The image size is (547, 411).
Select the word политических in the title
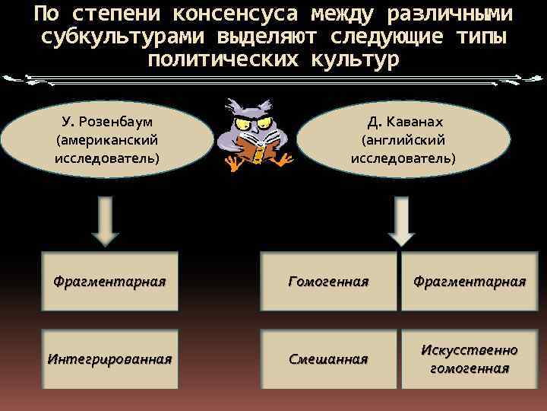tap(224, 59)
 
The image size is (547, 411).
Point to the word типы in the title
tap(478, 37)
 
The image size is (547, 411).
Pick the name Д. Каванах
tap(404, 123)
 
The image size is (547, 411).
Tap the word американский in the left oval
tap(107, 141)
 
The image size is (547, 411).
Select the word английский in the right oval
tap(403, 140)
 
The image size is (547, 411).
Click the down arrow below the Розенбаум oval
tap(107, 220)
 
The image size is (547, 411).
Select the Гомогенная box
tap(328, 282)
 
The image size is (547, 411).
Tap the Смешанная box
tap(328, 358)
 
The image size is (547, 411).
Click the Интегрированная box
tap(109, 358)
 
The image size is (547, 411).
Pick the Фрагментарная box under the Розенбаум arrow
tap(109, 282)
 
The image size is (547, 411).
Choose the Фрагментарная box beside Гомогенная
tap(469, 282)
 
